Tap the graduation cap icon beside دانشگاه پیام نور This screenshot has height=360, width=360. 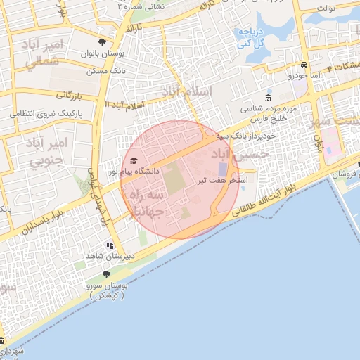(x=134, y=161)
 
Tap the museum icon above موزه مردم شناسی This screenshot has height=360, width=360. (x=269, y=98)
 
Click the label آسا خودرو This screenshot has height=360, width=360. (x=304, y=75)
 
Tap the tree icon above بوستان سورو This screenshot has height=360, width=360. (x=107, y=275)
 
